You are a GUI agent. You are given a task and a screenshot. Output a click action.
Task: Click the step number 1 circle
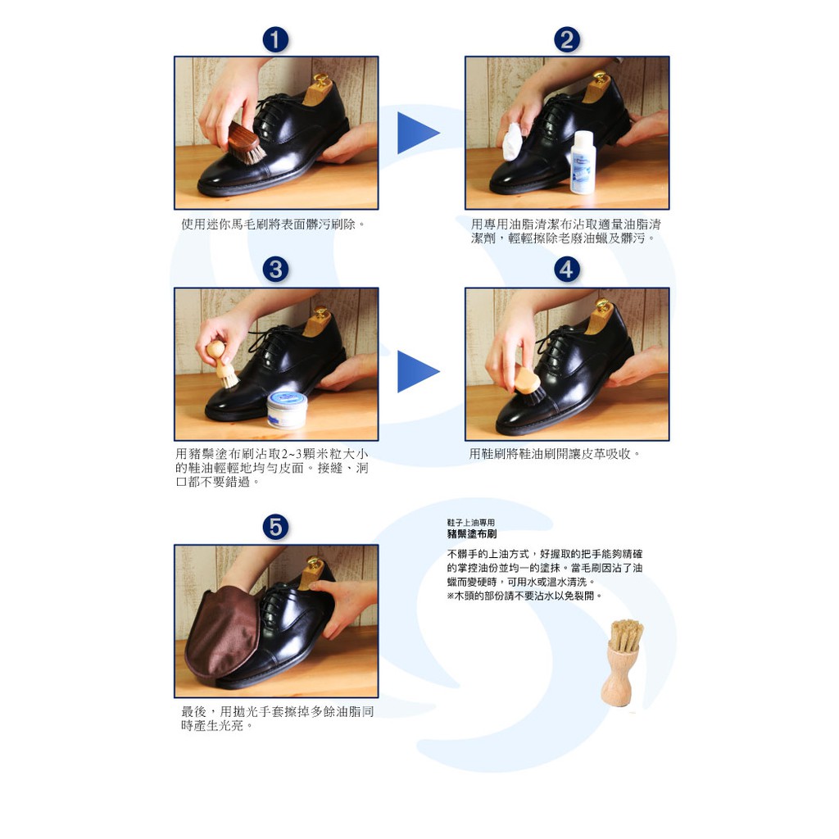click(x=275, y=40)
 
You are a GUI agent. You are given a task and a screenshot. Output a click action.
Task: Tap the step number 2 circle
click(x=567, y=40)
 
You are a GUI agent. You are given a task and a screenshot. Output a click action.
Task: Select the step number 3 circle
click(x=275, y=270)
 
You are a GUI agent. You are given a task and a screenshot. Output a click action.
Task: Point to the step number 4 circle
click(x=567, y=270)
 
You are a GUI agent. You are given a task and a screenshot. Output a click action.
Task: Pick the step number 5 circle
click(x=275, y=527)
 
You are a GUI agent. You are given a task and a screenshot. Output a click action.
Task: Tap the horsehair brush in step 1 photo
click(x=246, y=143)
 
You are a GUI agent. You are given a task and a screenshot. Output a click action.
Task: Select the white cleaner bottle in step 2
click(x=583, y=162)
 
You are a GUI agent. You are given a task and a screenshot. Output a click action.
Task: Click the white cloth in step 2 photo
click(x=512, y=141)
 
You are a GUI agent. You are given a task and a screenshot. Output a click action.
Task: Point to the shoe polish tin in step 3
click(x=288, y=410)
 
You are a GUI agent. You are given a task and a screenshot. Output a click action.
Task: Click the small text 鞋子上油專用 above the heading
click(x=471, y=522)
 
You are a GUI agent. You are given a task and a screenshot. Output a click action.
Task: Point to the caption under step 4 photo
click(x=555, y=454)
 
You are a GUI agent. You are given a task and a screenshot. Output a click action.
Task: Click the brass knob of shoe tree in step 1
click(x=321, y=80)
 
